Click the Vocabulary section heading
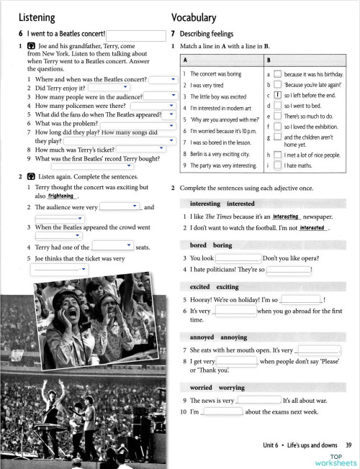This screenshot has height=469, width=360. (194, 17)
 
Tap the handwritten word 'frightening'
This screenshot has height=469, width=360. (63, 196)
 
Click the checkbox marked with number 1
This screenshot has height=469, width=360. (278, 94)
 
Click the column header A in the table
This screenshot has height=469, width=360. (186, 60)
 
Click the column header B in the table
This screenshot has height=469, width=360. (269, 60)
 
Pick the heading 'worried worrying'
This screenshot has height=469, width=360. (216, 388)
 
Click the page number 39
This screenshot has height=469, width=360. (348, 447)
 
